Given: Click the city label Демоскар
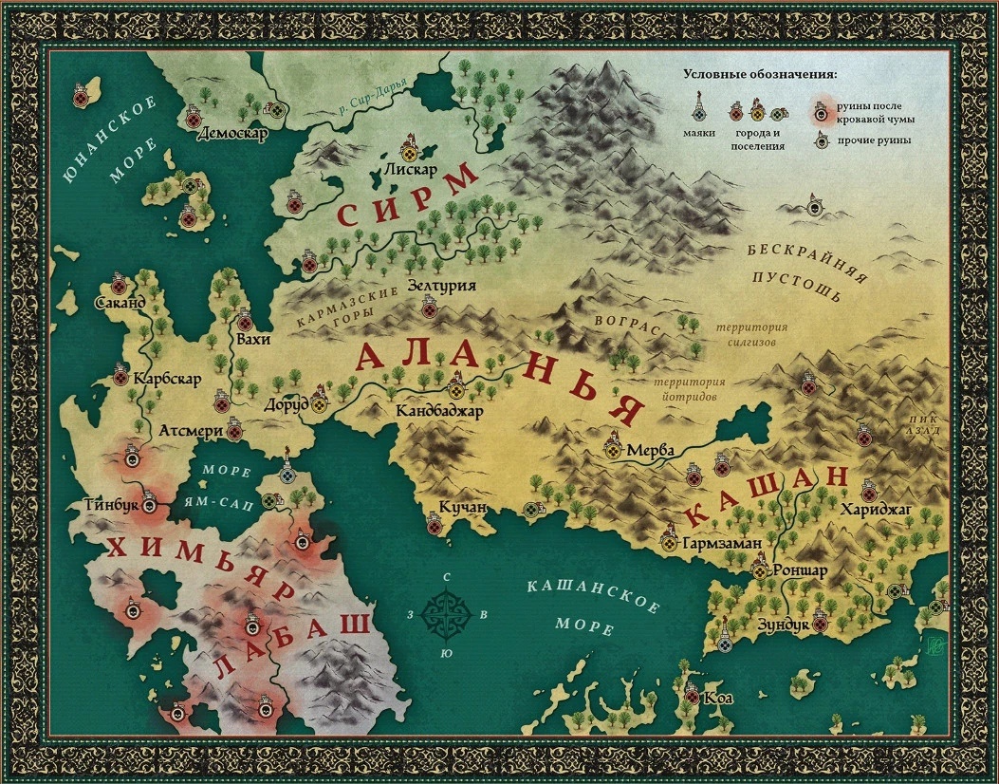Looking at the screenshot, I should coord(232,133).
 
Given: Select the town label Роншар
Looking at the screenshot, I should coord(801,571).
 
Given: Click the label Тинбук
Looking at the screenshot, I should coord(113,505).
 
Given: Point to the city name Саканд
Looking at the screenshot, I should coord(120,303).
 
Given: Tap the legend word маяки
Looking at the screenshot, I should coord(700,134).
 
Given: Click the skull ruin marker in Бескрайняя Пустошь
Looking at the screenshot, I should coord(814,204).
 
